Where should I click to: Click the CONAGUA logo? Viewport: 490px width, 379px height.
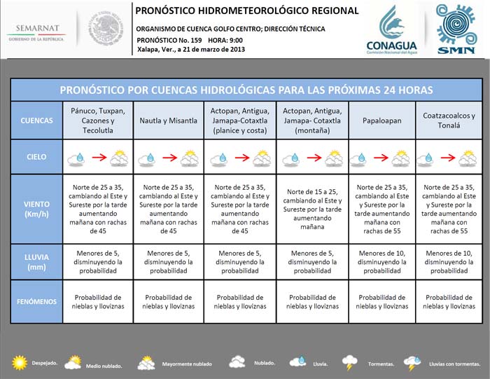pyautogui.click(x=391, y=29)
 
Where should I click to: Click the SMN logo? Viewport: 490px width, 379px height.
pyautogui.click(x=455, y=29)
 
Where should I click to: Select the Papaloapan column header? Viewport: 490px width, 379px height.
pyautogui.click(x=381, y=120)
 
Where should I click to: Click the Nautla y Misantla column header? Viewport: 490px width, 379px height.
pyautogui.click(x=169, y=120)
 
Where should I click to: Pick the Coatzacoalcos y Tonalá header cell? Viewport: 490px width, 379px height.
pyautogui.click(x=449, y=120)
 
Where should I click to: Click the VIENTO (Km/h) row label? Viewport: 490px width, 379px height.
pyautogui.click(x=36, y=208)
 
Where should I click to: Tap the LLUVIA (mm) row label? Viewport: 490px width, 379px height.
pyautogui.click(x=36, y=261)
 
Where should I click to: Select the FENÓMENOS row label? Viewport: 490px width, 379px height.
pyautogui.click(x=36, y=301)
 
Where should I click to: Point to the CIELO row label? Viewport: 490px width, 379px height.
pyautogui.click(x=36, y=158)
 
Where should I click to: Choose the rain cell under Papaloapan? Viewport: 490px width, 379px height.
pyautogui.click(x=381, y=262)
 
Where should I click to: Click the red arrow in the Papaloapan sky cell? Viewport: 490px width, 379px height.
pyautogui.click(x=381, y=158)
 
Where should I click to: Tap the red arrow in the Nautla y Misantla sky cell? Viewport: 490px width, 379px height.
pyautogui.click(x=168, y=158)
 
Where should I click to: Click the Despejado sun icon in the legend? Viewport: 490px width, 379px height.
pyautogui.click(x=19, y=362)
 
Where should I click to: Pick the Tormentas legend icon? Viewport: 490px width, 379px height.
pyautogui.click(x=349, y=362)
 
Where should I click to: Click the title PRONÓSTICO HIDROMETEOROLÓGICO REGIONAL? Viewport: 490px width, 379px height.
pyautogui.click(x=246, y=11)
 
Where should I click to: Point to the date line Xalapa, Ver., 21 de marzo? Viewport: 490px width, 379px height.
pyautogui.click(x=190, y=50)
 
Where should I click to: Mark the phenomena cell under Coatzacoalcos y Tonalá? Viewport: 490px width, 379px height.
pyautogui.click(x=449, y=301)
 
